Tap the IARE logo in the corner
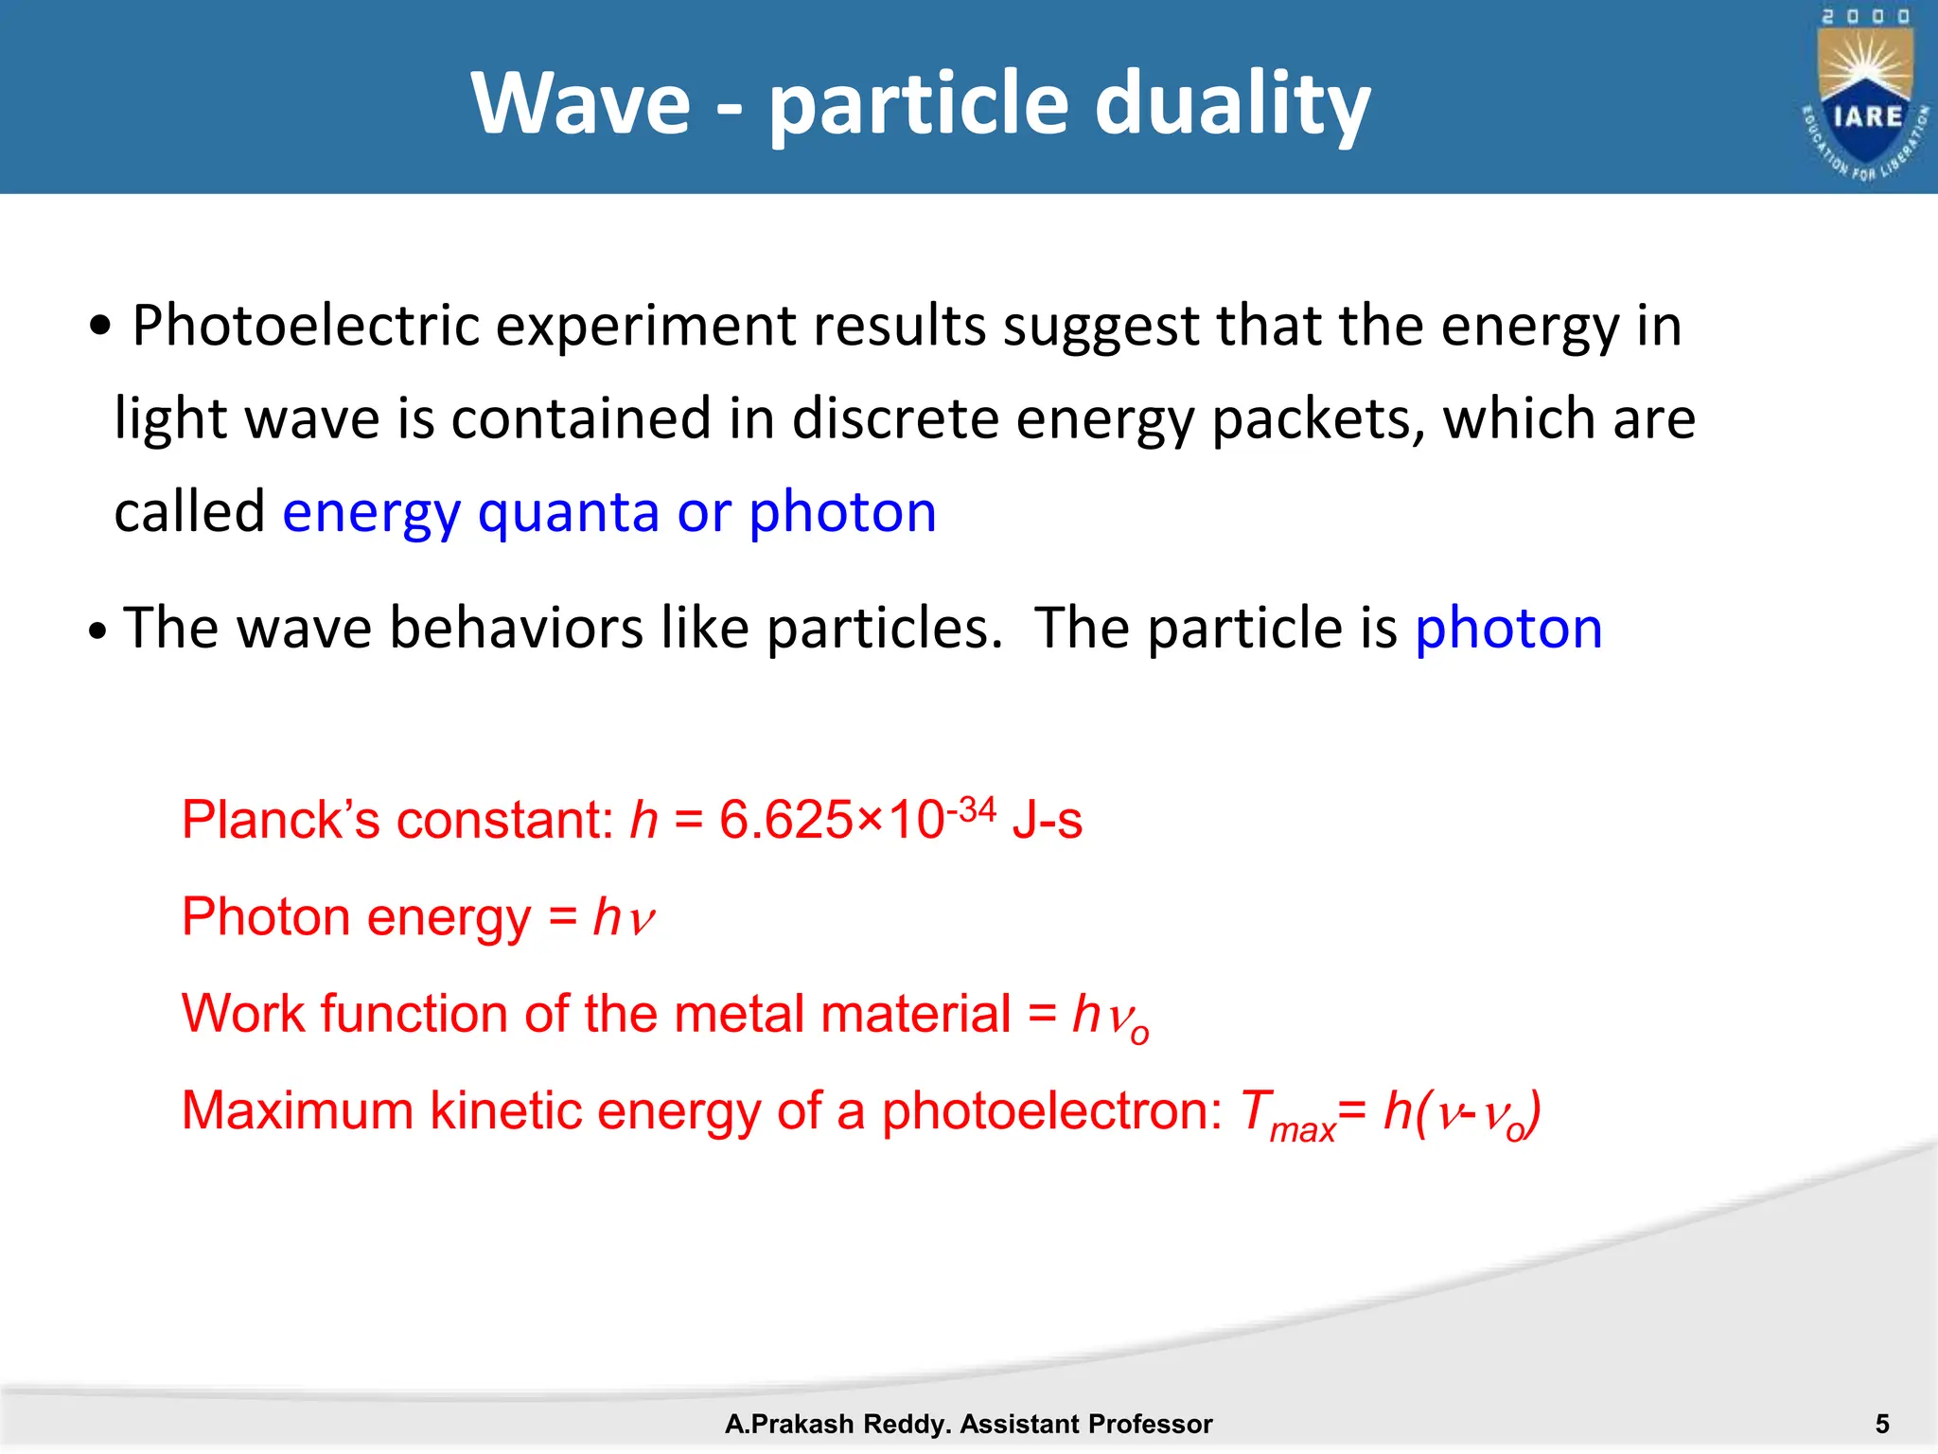tap(1865, 95)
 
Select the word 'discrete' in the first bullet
tap(894, 418)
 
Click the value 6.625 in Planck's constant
tap(785, 820)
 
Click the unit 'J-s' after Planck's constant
tap(1047, 820)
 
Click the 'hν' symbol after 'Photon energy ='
tap(624, 917)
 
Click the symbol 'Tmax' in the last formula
tap(1286, 1114)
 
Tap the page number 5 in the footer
tap(1882, 1424)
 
